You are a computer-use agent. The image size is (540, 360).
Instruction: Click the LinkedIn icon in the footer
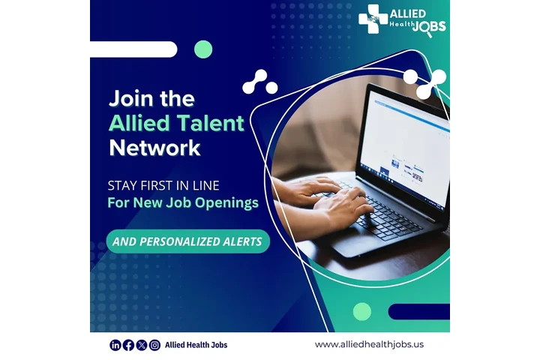[115, 345]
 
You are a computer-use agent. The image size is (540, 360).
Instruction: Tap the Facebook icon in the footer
[128, 345]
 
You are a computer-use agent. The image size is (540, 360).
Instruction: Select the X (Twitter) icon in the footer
[142, 345]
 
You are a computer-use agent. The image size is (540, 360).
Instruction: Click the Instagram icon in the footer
[154, 345]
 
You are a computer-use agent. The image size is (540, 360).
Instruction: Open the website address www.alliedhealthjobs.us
[369, 344]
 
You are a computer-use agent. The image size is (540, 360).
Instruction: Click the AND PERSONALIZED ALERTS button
[187, 241]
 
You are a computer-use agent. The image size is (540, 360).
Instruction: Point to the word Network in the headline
[154, 148]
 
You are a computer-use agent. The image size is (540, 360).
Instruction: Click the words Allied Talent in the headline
[177, 123]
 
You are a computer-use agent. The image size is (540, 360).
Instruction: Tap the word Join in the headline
[130, 98]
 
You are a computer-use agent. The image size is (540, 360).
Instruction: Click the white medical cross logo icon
[373, 19]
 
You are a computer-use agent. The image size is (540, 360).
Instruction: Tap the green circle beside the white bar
[203, 49]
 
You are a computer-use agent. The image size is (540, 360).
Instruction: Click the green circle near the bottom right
[362, 311]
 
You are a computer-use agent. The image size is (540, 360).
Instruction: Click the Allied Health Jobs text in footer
[196, 345]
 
